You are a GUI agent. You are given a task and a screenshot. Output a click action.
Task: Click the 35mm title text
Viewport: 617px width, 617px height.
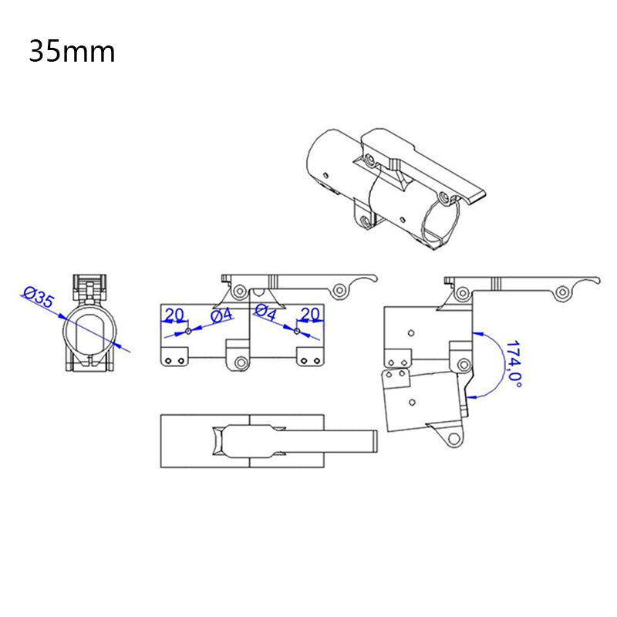point(72,52)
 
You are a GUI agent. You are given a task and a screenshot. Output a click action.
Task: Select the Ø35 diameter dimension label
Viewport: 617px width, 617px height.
point(39,298)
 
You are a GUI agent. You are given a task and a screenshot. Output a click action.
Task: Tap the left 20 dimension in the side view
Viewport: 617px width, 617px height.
point(174,314)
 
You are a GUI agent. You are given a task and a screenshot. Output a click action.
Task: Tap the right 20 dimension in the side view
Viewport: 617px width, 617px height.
point(310,314)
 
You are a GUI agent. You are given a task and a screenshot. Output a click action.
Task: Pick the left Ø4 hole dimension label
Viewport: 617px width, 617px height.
point(222,315)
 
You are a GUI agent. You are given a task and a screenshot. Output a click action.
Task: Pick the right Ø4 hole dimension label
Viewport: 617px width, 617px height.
point(265,313)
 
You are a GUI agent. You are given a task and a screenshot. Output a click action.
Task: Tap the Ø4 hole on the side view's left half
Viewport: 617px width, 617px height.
point(187,332)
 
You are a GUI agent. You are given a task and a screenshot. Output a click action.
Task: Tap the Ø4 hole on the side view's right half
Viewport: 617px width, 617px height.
point(297,332)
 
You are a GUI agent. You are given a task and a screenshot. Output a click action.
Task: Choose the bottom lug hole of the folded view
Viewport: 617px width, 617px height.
point(451,440)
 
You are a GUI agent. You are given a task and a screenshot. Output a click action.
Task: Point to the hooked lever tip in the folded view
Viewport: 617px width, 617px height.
point(595,282)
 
